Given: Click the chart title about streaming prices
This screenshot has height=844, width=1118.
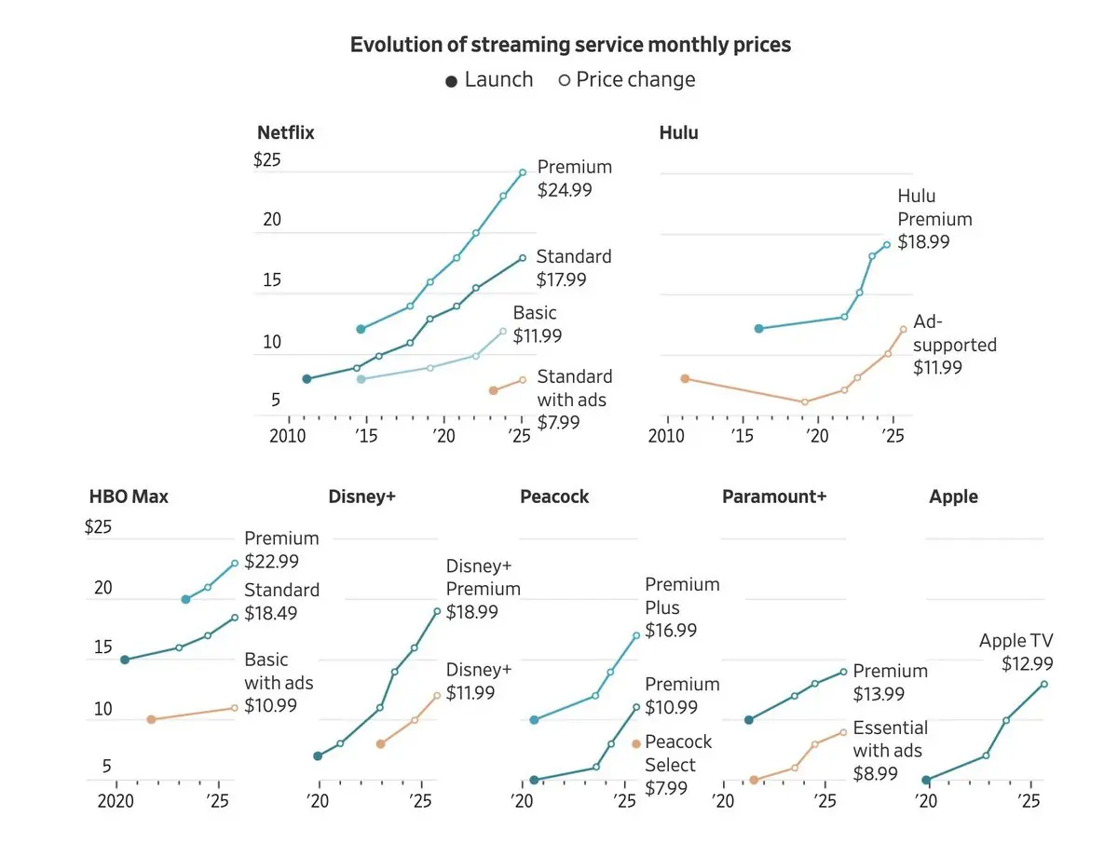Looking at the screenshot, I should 570,44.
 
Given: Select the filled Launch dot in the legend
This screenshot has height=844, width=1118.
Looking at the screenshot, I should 452,81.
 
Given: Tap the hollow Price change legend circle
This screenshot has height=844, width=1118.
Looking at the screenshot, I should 564,80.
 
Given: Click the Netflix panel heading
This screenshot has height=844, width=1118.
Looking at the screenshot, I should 285,132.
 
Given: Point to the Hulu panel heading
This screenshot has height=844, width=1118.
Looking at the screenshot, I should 678,132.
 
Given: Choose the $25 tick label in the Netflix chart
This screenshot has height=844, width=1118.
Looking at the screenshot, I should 266,159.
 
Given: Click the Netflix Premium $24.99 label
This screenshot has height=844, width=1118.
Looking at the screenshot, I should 575,178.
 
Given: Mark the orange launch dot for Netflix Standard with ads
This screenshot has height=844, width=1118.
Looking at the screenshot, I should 493,390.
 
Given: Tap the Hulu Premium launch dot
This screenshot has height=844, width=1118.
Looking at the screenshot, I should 758,329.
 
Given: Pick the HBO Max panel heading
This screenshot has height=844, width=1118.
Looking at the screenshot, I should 129,497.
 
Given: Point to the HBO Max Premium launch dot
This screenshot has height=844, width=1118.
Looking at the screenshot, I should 185,599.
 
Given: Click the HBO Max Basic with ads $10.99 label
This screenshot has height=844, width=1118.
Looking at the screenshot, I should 279,683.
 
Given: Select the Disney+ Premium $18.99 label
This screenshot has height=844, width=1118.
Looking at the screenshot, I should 483,589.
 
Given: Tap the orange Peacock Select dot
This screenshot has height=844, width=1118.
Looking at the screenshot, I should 636,743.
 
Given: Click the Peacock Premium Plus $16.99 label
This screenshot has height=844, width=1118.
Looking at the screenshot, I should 682,607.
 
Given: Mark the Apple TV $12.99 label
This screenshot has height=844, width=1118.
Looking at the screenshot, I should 1016,652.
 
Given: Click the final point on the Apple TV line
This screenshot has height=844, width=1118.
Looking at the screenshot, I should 1044,684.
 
